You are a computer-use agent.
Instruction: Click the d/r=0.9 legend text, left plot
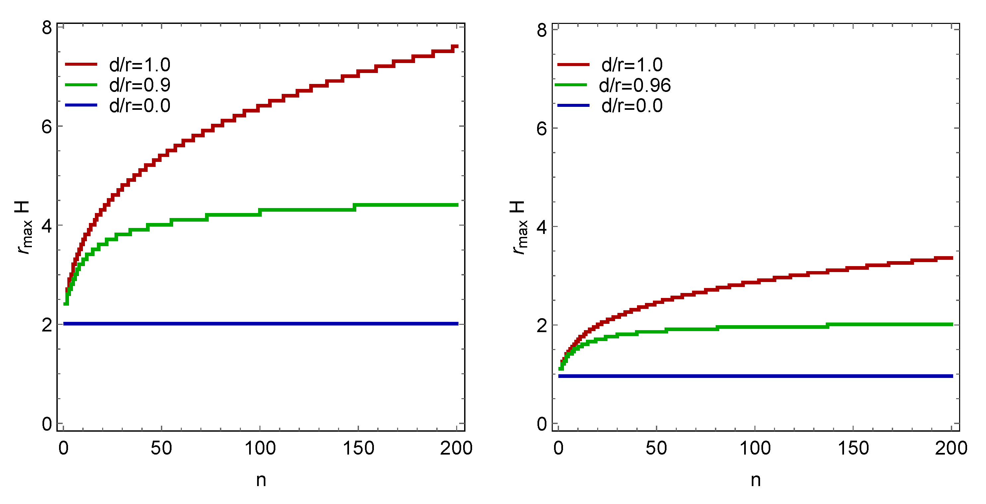140,85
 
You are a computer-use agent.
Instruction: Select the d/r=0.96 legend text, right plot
634,85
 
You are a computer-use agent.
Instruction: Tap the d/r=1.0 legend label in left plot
140,65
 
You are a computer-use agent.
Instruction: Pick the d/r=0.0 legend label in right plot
632,106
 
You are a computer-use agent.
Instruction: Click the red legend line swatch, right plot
573,65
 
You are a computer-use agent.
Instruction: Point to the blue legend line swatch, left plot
81,105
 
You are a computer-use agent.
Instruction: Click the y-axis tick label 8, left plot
47,28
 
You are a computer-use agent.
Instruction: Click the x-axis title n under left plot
261,480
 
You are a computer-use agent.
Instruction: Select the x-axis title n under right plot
755,480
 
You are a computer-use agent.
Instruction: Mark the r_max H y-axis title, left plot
24,227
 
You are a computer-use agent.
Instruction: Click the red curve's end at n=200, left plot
456,47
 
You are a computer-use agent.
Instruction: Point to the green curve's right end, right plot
951,324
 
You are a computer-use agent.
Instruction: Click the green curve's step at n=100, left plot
260,212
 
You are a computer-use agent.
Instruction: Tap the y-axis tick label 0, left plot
47,424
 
